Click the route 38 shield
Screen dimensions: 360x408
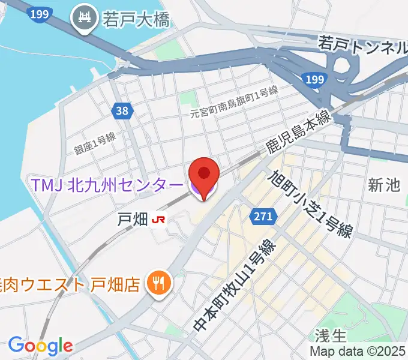[x=122, y=110]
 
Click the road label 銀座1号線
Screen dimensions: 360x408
[x=95, y=145]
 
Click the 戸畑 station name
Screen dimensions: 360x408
[x=131, y=220]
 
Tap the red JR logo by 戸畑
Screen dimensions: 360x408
[x=159, y=220]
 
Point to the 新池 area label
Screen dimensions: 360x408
[x=384, y=185]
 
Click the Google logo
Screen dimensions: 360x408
[x=40, y=345]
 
